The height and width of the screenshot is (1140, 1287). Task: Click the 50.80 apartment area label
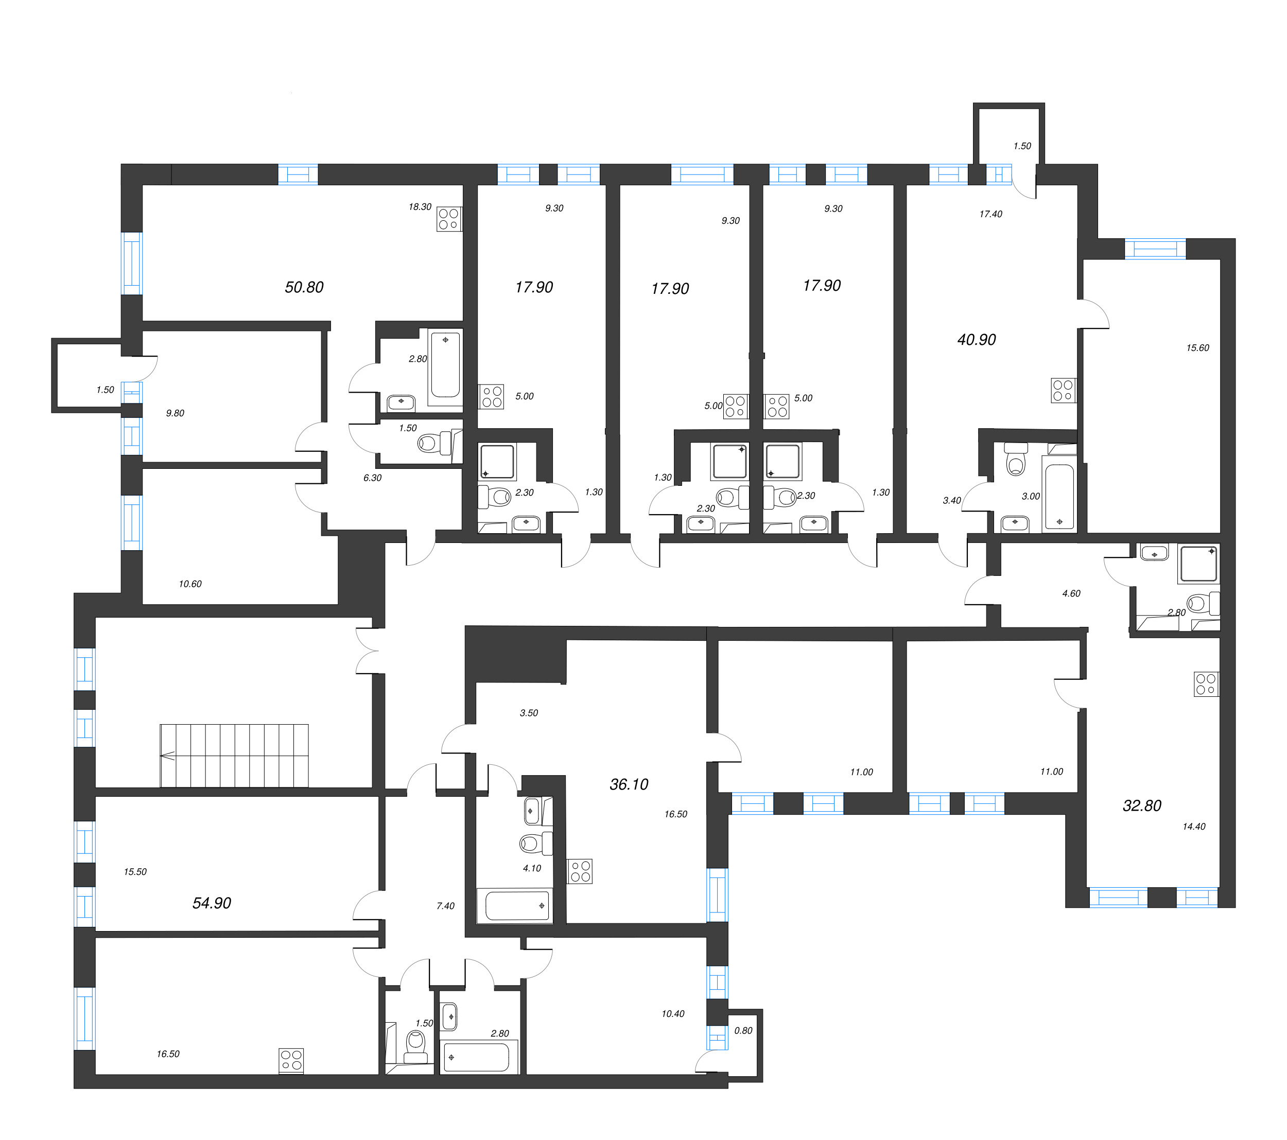pyautogui.click(x=304, y=287)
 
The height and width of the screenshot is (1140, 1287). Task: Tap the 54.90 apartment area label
pyautogui.click(x=212, y=903)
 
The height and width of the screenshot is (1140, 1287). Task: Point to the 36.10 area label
pyautogui.click(x=629, y=784)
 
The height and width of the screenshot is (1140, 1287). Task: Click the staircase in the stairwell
pyautogui.click(x=234, y=756)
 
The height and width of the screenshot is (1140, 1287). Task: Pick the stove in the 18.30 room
pyautogui.click(x=449, y=219)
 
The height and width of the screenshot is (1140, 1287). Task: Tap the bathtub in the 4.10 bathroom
pyautogui.click(x=515, y=906)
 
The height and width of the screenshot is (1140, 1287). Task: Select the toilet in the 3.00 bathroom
pyautogui.click(x=1016, y=460)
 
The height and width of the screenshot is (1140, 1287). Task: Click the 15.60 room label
pyautogui.click(x=1197, y=347)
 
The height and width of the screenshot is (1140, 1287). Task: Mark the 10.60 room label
pyautogui.click(x=190, y=584)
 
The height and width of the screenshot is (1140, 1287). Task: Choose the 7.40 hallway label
pyautogui.click(x=445, y=906)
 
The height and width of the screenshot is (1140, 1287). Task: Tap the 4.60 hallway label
pyautogui.click(x=1071, y=593)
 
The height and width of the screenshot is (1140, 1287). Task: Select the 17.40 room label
pyautogui.click(x=990, y=214)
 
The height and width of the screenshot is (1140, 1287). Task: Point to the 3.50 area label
pyautogui.click(x=529, y=713)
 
